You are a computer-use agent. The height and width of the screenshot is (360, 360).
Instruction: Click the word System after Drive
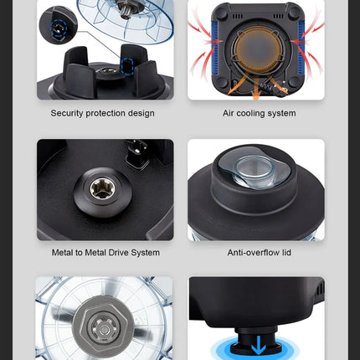coord(145,253)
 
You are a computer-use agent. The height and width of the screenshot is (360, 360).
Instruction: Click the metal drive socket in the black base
coord(100,190)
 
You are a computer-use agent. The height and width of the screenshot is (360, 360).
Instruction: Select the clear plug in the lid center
coord(253,169)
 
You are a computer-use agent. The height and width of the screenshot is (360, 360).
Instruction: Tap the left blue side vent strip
coord(215,48)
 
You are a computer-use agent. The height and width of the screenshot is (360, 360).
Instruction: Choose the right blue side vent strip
coord(301,48)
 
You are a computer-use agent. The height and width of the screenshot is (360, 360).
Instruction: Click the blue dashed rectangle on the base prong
coord(127,66)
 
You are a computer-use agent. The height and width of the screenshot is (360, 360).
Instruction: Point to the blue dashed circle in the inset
coord(59,28)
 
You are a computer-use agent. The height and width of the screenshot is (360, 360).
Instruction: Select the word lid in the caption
coord(286,253)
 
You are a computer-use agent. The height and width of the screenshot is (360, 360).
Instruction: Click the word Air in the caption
coord(229,113)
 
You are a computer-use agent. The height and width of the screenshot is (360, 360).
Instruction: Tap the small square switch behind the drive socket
coord(136,154)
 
